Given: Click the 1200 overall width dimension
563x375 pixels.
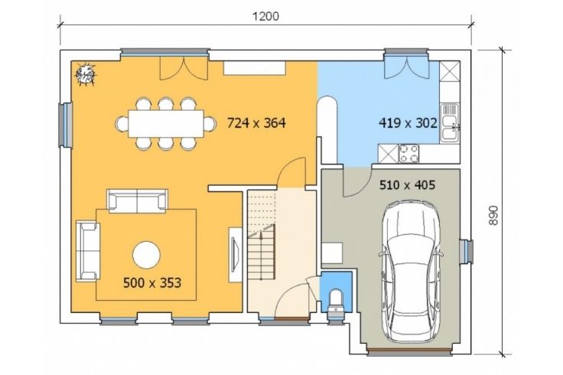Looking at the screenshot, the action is (x=265, y=16).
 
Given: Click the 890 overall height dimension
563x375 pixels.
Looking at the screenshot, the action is (x=493, y=215).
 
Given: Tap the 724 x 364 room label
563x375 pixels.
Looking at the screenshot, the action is (x=256, y=123).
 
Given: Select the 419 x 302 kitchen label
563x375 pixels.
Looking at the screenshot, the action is (x=408, y=123).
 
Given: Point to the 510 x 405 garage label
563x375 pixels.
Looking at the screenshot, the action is (x=407, y=185).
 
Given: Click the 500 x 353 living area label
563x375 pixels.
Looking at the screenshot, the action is (x=152, y=282).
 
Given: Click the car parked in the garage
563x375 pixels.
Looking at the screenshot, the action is (x=411, y=271).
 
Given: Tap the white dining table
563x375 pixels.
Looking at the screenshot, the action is (x=166, y=123).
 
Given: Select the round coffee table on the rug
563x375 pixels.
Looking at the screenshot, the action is (x=146, y=255).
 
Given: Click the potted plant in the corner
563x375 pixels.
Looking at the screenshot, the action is (x=85, y=75).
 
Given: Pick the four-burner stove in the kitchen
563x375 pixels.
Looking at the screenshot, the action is (x=408, y=153).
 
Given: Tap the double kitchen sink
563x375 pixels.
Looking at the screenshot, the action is (x=450, y=122).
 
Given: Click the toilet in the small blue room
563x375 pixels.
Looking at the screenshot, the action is (x=336, y=302).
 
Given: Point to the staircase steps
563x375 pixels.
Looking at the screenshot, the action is (x=261, y=235).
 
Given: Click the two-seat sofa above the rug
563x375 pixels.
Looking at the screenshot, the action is (x=137, y=201).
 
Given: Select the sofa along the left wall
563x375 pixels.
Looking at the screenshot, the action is (x=88, y=251).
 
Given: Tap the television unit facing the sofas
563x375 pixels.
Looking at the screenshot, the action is (x=236, y=255).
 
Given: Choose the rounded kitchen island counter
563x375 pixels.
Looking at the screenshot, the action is (x=327, y=130).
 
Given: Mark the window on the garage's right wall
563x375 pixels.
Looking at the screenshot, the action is (x=467, y=250).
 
